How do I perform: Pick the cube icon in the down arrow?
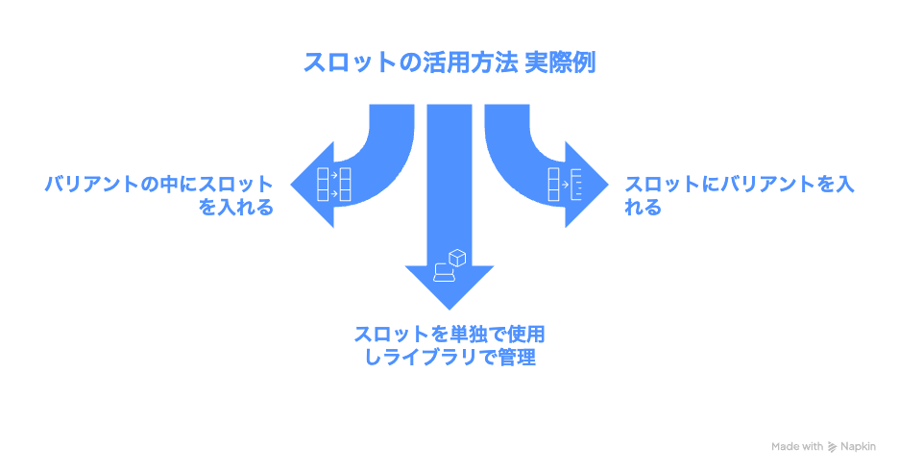coord(457,257)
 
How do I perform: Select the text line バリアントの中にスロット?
coord(158,184)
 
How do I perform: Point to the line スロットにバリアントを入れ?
coord(739,184)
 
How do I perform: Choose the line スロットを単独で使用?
coord(449,335)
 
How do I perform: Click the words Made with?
coord(796,447)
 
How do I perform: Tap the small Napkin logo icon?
coord(832,447)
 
